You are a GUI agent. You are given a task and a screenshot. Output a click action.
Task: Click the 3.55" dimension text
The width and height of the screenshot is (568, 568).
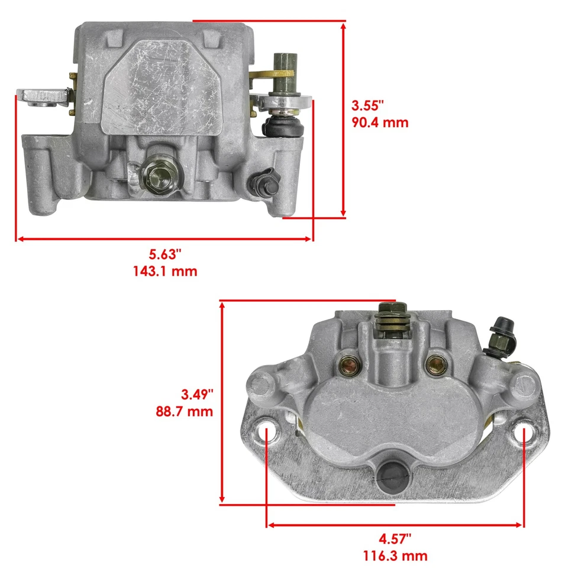pyautogui.click(x=368, y=106)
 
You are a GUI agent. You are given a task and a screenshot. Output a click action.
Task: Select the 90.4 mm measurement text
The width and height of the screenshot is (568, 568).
pyautogui.click(x=380, y=123)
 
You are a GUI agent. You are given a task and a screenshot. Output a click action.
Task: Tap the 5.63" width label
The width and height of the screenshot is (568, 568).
pyautogui.click(x=164, y=255)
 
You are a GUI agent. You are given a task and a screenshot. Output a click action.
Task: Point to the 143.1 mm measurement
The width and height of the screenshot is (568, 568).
pyautogui.click(x=164, y=272)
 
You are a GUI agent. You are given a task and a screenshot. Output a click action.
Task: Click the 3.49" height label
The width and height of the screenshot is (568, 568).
pyautogui.click(x=196, y=394)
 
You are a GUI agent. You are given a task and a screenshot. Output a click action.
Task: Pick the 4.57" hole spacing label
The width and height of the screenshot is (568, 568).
pyautogui.click(x=395, y=539)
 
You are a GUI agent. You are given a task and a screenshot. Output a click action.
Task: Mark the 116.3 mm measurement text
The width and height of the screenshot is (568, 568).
pyautogui.click(x=395, y=556)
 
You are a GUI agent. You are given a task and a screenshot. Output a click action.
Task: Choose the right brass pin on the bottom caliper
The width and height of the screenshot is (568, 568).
pyautogui.click(x=438, y=362)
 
